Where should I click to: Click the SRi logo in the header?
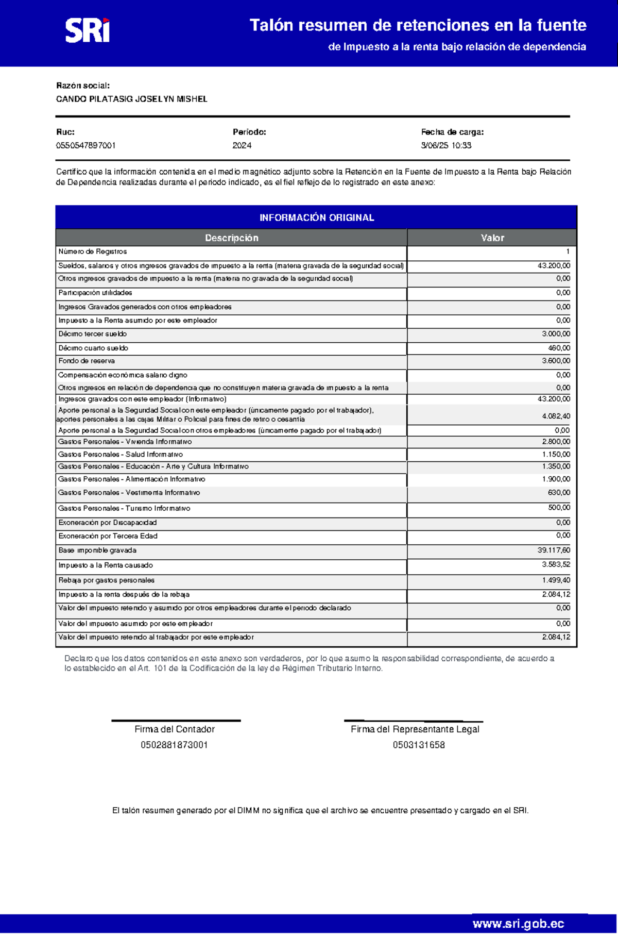(87, 30)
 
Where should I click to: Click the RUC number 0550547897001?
(85, 145)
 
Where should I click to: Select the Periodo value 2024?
(242, 145)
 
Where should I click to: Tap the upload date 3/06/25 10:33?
(446, 145)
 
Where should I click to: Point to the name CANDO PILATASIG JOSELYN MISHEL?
(131, 99)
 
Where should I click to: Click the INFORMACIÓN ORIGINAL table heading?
(316, 218)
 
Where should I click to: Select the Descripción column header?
(231, 238)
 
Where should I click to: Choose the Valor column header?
(492, 238)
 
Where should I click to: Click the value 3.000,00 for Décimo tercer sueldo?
(556, 334)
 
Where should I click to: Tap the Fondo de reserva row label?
(87, 361)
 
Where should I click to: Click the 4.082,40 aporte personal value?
(556, 416)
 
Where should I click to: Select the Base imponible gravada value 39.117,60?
(554, 550)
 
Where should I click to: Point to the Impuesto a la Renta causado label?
(106, 565)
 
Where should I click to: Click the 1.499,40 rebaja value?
(556, 580)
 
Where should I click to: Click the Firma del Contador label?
(174, 729)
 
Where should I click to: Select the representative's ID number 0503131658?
(418, 745)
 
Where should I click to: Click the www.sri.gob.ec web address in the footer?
(518, 924)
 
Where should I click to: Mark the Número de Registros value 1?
(568, 252)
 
